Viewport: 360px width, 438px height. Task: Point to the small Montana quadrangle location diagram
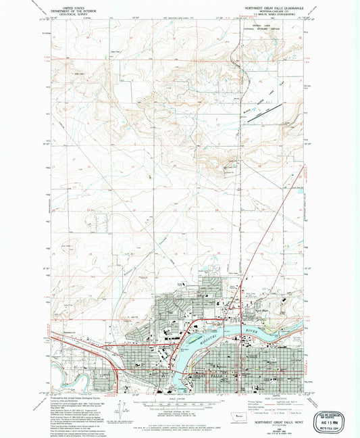click(234, 411)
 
